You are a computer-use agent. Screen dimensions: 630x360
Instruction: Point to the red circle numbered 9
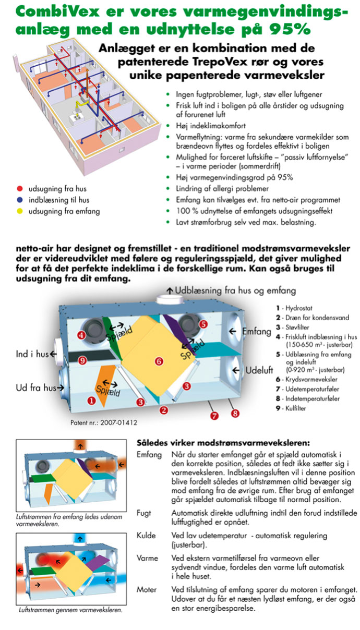pos(81,360)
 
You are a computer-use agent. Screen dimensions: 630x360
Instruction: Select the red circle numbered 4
pos(81,335)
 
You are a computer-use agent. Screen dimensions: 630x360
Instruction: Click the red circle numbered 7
pos(213,416)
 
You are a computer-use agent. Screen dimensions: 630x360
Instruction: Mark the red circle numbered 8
pos(235,414)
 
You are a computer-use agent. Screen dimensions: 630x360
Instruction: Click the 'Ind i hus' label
pos(32,354)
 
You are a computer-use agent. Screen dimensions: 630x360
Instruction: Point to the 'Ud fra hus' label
pos(34,387)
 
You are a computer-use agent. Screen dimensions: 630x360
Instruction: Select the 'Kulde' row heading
pos(146,536)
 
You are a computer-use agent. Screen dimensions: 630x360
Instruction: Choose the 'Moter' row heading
pos(147,589)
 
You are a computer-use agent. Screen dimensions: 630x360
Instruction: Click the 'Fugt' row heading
pos(145,513)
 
